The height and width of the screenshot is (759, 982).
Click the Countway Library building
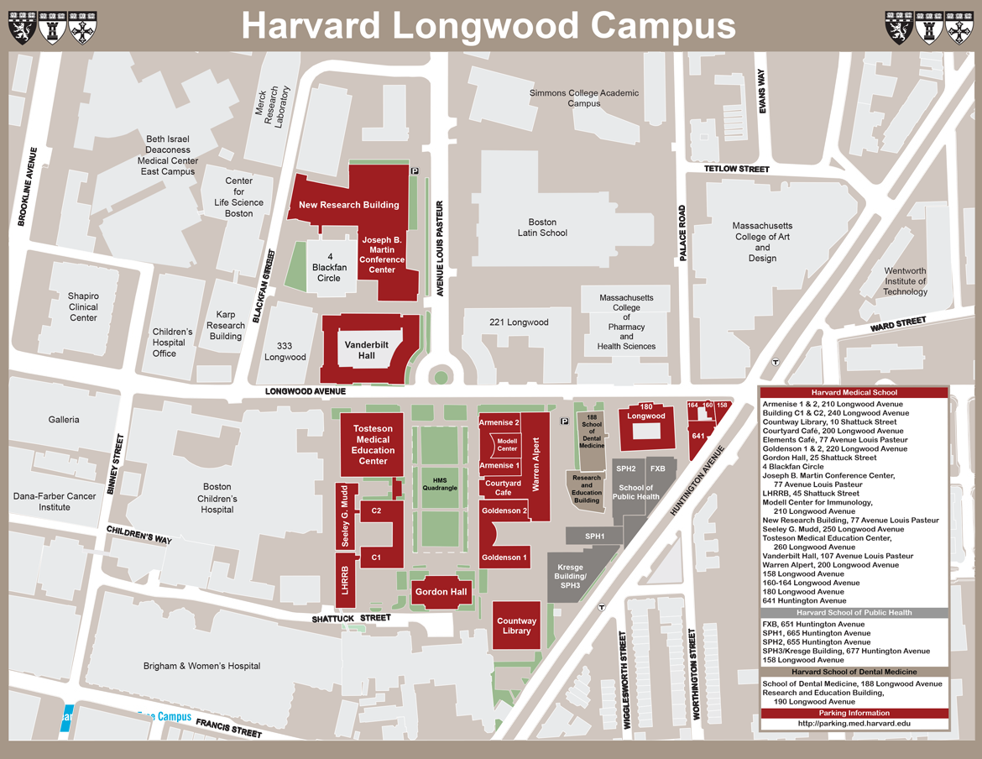(x=516, y=626)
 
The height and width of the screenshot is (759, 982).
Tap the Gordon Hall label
(x=441, y=592)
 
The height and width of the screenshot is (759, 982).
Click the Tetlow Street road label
(x=737, y=170)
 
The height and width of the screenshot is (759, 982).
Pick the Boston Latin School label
(x=542, y=228)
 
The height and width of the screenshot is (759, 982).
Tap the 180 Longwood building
(x=645, y=427)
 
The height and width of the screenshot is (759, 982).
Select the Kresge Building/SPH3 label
(x=570, y=576)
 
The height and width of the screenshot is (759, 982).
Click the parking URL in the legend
(x=854, y=723)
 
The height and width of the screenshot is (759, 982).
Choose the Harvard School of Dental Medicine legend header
(x=854, y=672)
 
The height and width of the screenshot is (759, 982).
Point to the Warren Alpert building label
(x=535, y=463)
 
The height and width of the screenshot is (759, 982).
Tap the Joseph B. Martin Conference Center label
(x=382, y=255)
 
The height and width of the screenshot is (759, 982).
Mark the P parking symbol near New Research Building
(x=415, y=170)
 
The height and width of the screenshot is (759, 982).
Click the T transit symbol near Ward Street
(x=776, y=363)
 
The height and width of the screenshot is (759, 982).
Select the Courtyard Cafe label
(x=504, y=488)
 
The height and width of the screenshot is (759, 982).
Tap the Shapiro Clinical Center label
(x=83, y=306)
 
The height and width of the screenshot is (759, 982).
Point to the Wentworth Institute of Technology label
(x=905, y=281)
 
